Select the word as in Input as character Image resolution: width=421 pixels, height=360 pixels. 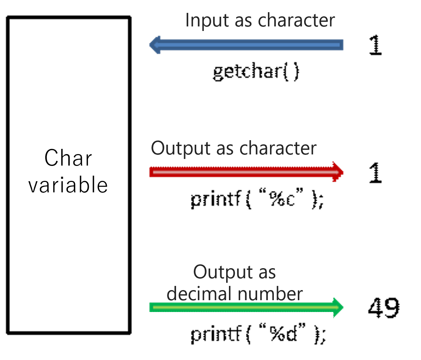tap(243, 21)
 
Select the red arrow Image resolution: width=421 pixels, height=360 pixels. tap(244, 172)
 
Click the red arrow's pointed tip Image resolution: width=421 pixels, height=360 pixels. tap(343, 172)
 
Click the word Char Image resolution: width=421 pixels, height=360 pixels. tap(68, 159)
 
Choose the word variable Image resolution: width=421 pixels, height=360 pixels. tap(68, 185)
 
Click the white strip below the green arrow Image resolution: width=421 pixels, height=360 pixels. tap(235, 317)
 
